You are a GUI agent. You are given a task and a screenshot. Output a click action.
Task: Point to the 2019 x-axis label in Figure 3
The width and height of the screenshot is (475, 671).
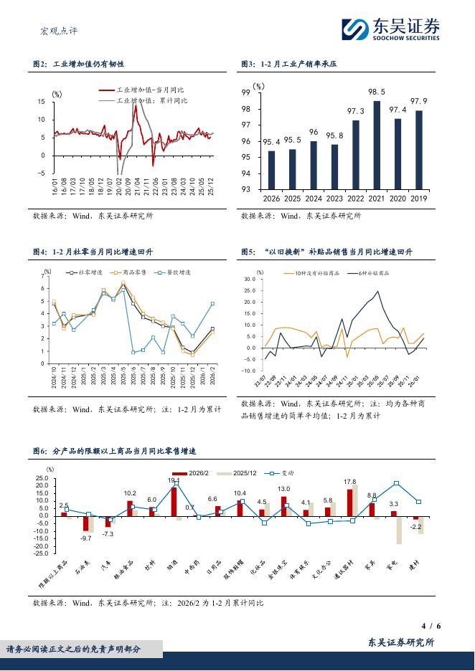[x=418, y=199]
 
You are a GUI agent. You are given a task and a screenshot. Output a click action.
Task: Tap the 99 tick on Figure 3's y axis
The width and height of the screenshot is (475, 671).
[x=245, y=92]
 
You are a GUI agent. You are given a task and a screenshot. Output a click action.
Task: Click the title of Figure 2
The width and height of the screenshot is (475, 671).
[x=79, y=65]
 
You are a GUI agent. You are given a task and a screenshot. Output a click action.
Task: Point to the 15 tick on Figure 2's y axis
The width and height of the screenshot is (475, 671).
[x=41, y=102]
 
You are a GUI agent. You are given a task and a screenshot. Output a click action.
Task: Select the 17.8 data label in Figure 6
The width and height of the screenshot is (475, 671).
[x=350, y=482]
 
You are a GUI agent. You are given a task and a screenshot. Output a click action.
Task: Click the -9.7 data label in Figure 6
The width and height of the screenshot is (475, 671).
[x=86, y=538]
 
